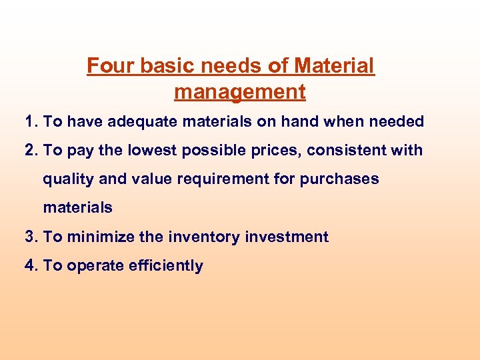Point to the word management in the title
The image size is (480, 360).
[240, 91]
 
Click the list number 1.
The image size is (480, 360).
[29, 121]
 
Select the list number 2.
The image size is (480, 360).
[29, 150]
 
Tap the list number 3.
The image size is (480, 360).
[29, 237]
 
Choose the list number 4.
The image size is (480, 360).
[29, 265]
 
